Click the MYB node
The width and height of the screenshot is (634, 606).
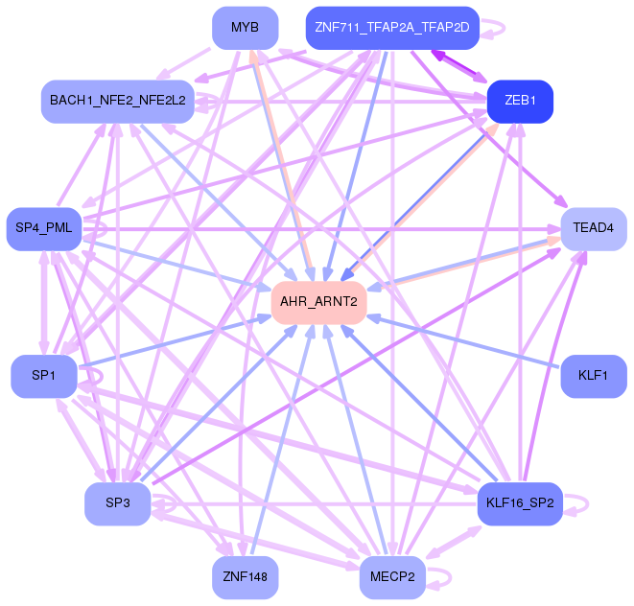click(245, 28)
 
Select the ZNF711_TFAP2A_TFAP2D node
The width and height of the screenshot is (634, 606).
click(392, 28)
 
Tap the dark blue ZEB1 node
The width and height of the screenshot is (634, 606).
click(520, 102)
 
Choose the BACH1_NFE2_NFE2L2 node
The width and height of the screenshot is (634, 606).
click(118, 102)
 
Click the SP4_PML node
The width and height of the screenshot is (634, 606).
click(44, 229)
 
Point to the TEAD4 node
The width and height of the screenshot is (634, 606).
click(594, 229)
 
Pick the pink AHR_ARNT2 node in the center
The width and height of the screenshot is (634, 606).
click(318, 302)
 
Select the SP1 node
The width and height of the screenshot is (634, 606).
click(44, 376)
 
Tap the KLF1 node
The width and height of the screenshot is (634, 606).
click(594, 376)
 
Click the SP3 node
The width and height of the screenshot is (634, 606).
click(118, 503)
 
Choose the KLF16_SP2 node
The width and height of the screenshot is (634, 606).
click(520, 503)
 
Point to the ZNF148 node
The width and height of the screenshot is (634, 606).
click(245, 577)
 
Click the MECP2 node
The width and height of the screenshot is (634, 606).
click(392, 577)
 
